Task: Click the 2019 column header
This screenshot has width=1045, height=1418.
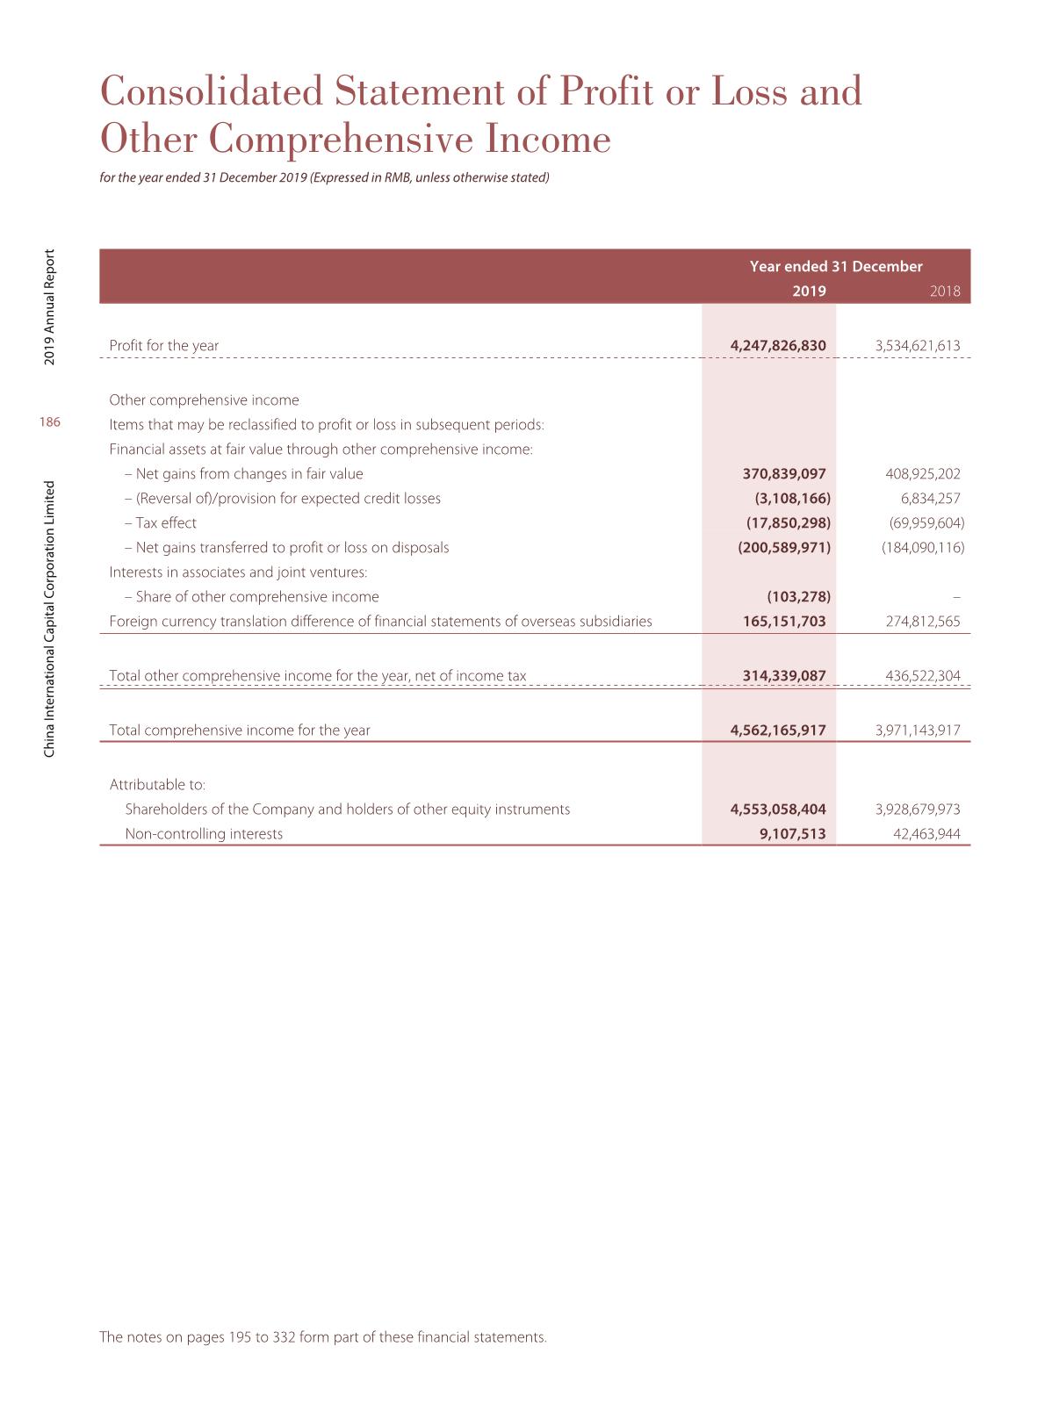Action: [x=809, y=291]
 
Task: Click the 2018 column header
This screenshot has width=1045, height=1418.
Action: [x=945, y=292]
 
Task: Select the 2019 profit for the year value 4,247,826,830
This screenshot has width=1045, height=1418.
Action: [x=778, y=346]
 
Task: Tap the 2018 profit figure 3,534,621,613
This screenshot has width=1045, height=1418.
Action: [x=918, y=346]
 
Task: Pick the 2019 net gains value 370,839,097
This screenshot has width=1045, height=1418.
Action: [x=784, y=474]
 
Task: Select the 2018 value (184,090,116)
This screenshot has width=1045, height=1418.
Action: [x=923, y=548]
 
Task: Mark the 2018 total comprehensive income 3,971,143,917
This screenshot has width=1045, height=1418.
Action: [x=918, y=731]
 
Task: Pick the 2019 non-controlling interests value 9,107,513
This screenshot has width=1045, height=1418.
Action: [x=792, y=834]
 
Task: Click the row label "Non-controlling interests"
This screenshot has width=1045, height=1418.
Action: [x=204, y=834]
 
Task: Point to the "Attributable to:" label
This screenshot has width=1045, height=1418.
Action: [x=157, y=785]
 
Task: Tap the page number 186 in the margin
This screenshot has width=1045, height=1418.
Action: [x=50, y=423]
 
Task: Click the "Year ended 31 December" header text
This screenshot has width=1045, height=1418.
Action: [x=836, y=267]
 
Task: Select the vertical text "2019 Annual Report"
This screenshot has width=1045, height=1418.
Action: [x=51, y=307]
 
